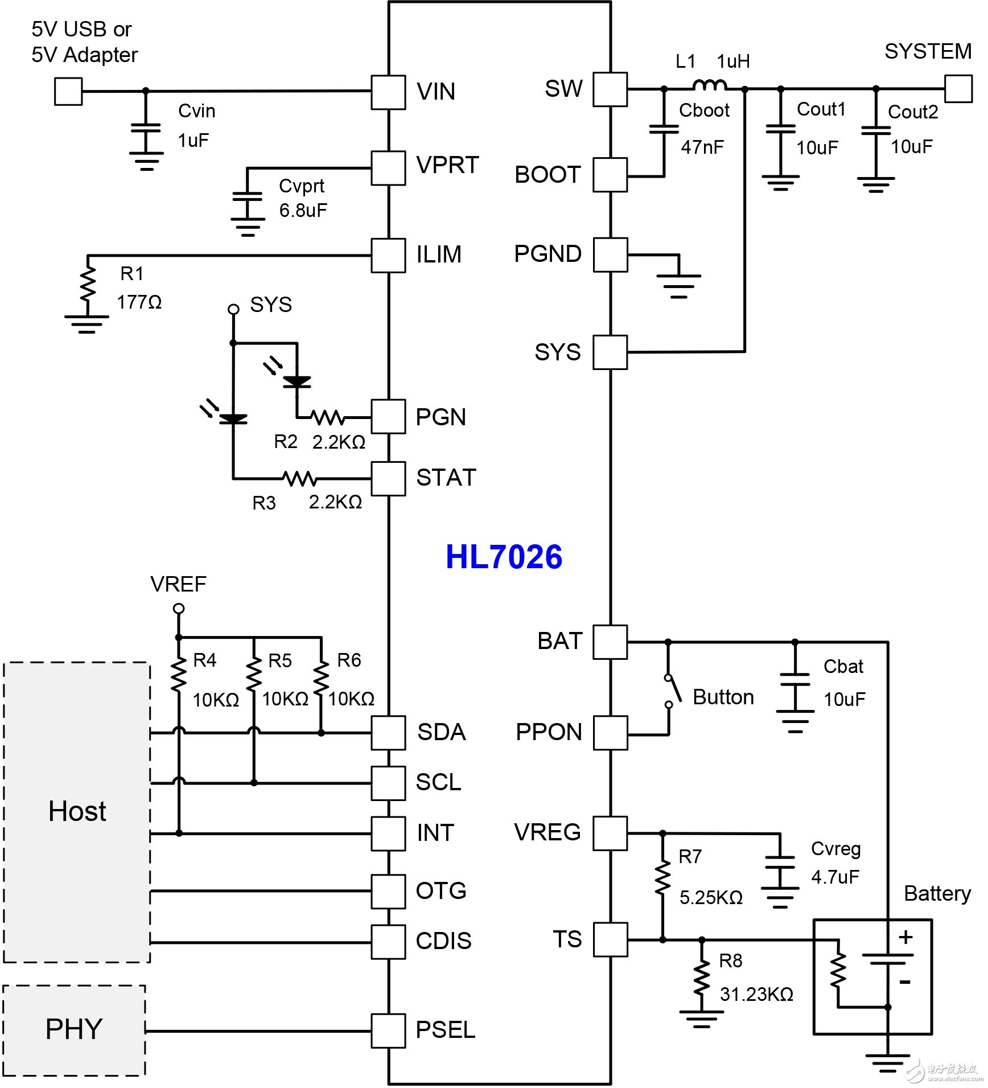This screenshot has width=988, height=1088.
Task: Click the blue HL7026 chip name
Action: pos(504,557)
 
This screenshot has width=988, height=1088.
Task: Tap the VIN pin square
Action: pos(388,92)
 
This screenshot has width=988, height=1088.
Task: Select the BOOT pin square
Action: pos(610,175)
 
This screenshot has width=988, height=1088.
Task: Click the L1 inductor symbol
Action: pos(710,86)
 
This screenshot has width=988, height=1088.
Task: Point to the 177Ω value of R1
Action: pos(139,302)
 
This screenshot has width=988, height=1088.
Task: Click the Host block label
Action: pos(77,811)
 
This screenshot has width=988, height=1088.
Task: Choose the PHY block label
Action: pos(74,1029)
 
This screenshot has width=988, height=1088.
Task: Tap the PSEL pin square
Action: pos(388,1030)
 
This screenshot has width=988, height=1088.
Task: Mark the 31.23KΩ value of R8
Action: pos(756,995)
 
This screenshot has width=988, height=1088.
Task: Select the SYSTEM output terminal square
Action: pos(958,89)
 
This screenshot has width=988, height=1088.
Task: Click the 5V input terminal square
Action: pos(68,91)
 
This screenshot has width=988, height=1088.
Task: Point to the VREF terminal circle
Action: pos(179,609)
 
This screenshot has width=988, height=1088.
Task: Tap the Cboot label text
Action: pos(704,110)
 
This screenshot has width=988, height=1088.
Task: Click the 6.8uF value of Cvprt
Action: pos(303,211)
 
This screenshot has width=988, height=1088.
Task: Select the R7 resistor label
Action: pos(690,857)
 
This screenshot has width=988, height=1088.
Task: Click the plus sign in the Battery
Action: pos(905,937)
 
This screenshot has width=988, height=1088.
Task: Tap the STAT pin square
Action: pos(388,479)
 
